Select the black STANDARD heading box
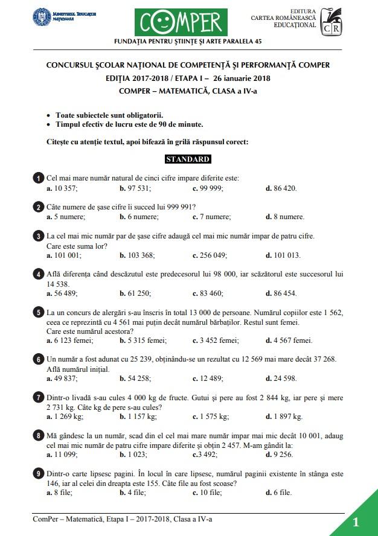click(x=188, y=159)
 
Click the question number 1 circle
click(x=39, y=178)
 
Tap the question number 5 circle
click(x=39, y=313)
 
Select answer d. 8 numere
click(x=285, y=217)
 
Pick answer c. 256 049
click(x=210, y=255)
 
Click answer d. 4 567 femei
click(x=289, y=340)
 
